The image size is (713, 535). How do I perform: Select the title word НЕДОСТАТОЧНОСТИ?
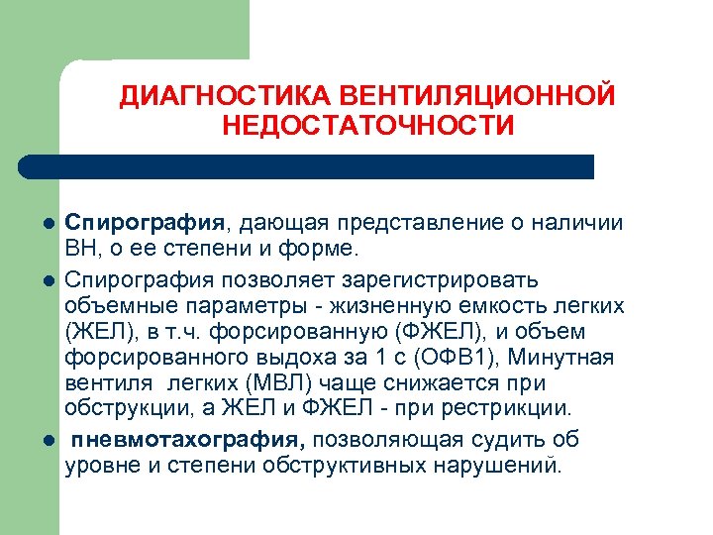[368, 126]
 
